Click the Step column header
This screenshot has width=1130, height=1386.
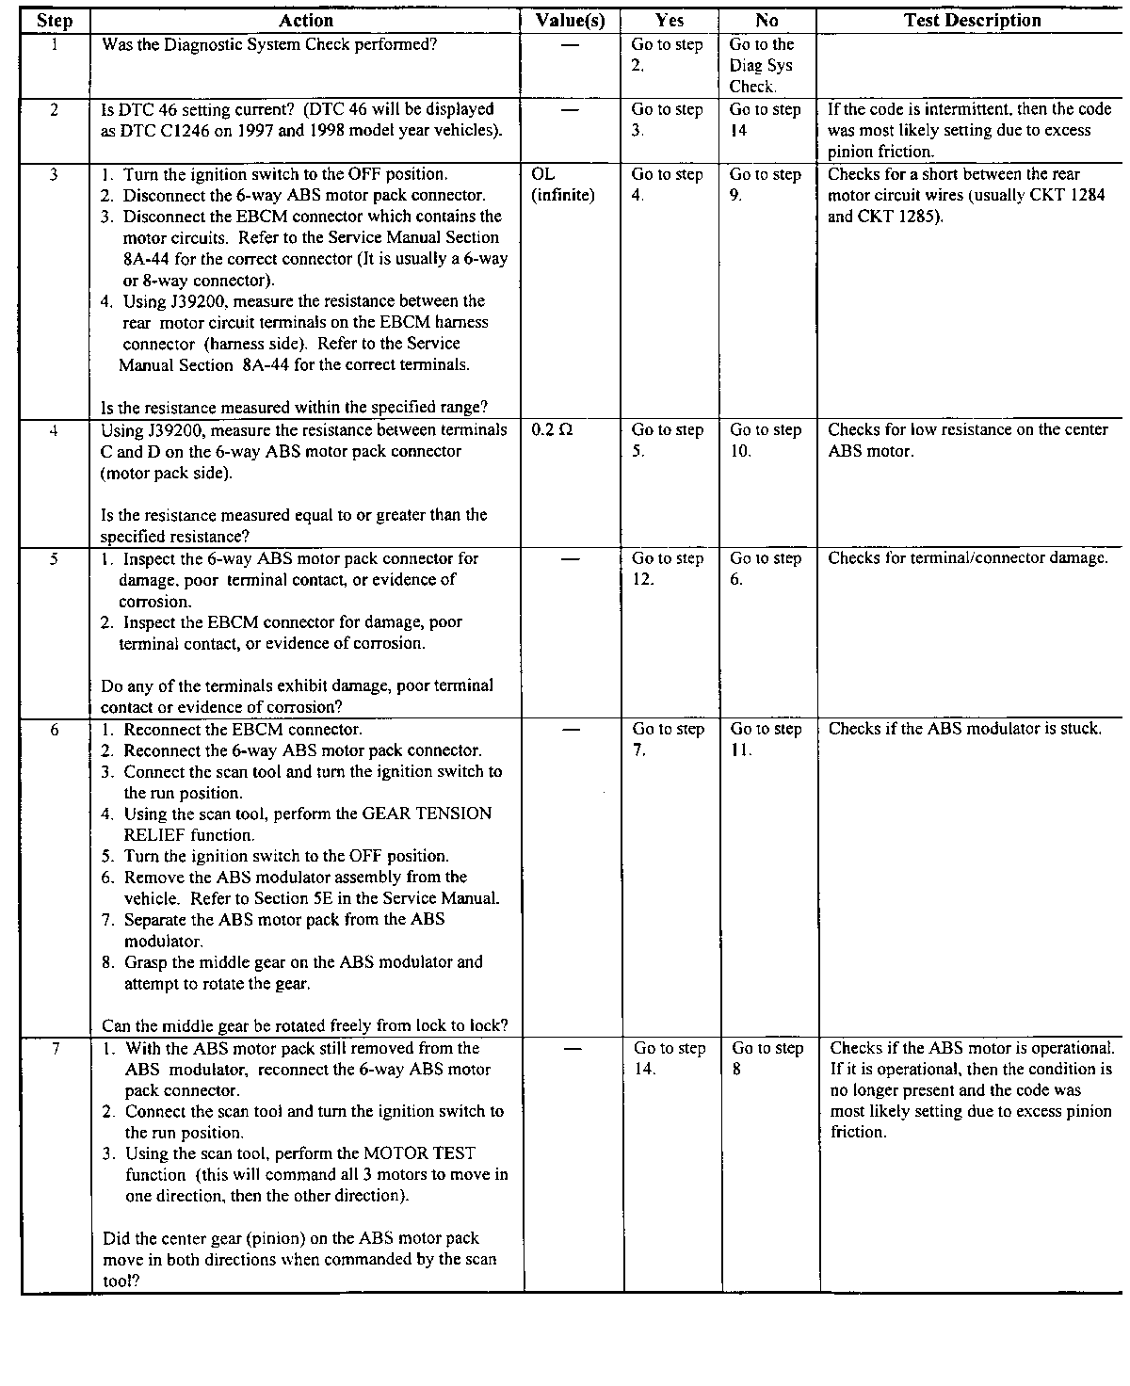(55, 21)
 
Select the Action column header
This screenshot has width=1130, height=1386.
(306, 21)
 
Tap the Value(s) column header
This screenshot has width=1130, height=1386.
(570, 21)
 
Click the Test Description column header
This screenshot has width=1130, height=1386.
(972, 21)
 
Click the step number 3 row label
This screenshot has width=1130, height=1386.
(55, 174)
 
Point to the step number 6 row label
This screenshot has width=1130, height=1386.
(55, 730)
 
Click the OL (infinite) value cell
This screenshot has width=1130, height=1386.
(563, 185)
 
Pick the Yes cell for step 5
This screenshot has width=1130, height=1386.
(668, 569)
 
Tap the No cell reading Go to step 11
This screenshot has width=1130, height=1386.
(766, 739)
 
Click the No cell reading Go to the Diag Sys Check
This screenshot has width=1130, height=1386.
(761, 65)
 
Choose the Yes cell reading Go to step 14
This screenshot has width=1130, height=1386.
(669, 1058)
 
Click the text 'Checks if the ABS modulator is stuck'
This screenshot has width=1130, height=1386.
(964, 729)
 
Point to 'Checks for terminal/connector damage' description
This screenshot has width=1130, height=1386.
(967, 558)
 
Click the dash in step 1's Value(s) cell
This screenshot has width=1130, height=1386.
(570, 45)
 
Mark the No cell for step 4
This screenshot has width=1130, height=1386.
(765, 441)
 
